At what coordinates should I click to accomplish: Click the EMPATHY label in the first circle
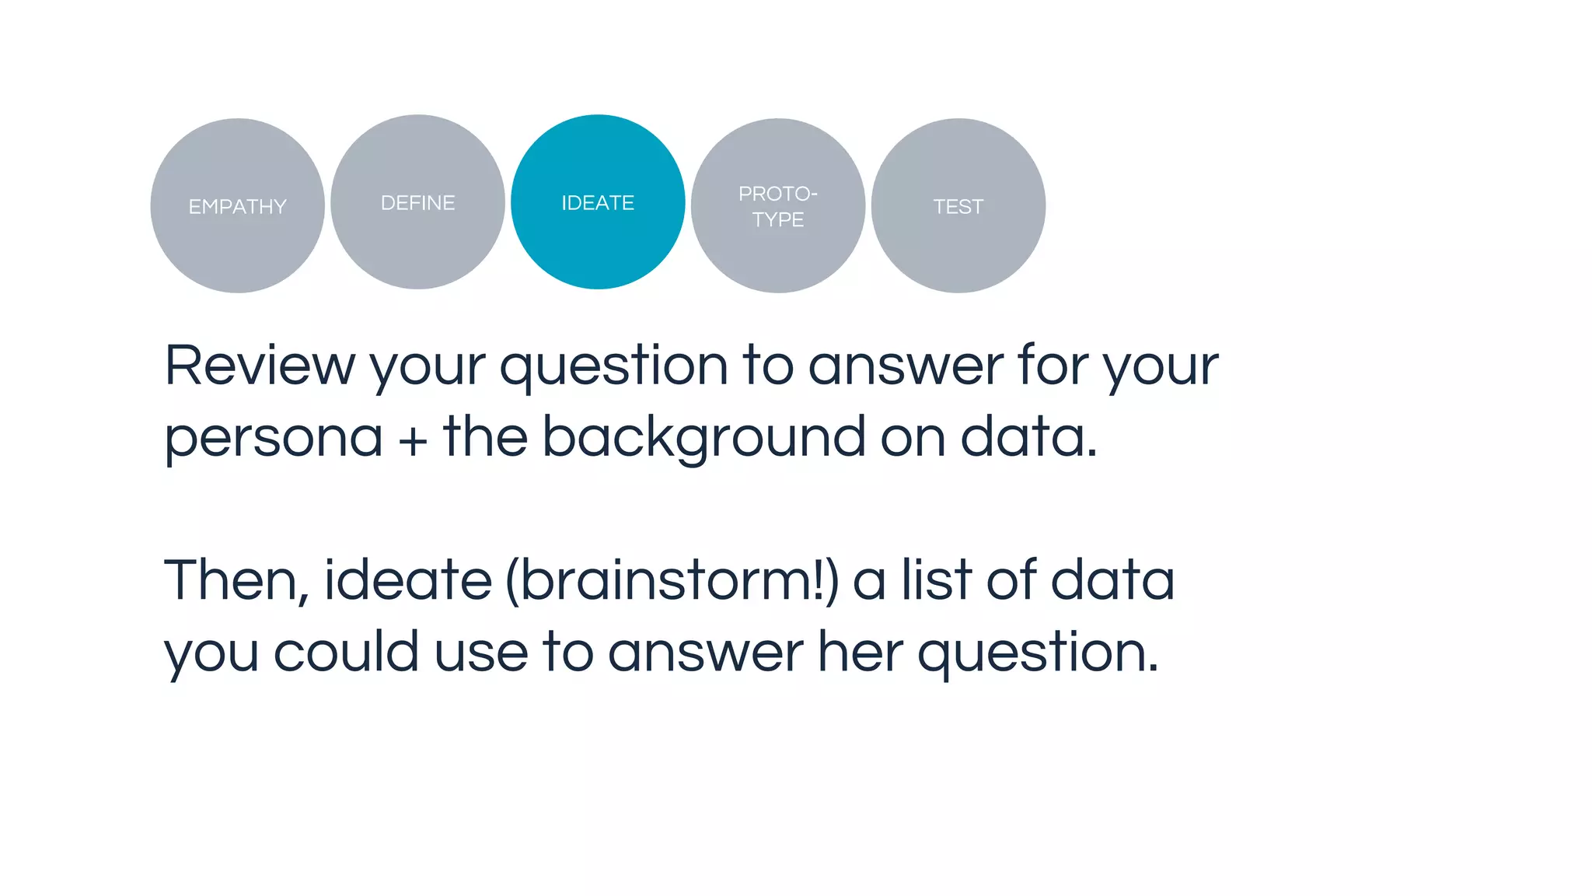click(237, 207)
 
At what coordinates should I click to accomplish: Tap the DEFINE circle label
click(417, 203)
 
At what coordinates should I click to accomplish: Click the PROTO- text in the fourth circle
click(777, 194)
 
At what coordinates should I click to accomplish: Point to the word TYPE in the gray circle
click(777, 220)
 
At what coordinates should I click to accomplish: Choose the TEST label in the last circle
click(958, 207)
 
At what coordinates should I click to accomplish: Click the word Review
click(260, 366)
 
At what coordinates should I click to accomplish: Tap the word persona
click(274, 438)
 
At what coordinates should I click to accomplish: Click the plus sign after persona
click(413, 440)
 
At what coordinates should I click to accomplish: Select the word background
click(703, 438)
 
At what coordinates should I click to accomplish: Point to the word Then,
click(236, 581)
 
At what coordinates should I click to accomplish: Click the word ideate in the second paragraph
click(407, 581)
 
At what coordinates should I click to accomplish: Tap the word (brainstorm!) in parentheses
click(672, 581)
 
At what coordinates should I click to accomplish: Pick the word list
click(936, 581)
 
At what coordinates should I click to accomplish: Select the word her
click(860, 652)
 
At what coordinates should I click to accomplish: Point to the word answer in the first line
click(906, 366)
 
